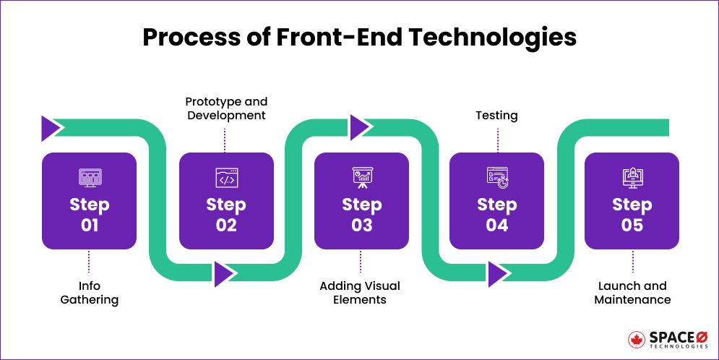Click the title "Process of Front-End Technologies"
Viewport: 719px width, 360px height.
click(359, 37)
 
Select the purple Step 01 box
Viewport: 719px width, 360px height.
click(89, 201)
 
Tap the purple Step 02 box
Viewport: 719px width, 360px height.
click(225, 201)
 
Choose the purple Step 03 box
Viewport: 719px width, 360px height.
click(361, 201)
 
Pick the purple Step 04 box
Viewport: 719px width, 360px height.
click(496, 201)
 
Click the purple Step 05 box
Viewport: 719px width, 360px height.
click(632, 201)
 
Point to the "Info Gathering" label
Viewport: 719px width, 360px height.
click(89, 293)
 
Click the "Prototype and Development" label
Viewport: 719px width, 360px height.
click(225, 108)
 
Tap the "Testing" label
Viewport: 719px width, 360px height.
click(496, 116)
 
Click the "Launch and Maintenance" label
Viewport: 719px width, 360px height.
click(632, 293)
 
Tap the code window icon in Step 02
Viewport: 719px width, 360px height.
click(225, 177)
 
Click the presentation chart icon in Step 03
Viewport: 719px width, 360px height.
click(361, 177)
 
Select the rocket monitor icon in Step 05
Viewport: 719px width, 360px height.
click(632, 177)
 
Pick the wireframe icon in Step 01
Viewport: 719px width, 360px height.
click(90, 177)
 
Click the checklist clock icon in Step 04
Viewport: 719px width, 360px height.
click(497, 177)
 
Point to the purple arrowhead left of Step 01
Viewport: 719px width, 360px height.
click(51, 128)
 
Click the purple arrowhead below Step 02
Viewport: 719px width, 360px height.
click(224, 273)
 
